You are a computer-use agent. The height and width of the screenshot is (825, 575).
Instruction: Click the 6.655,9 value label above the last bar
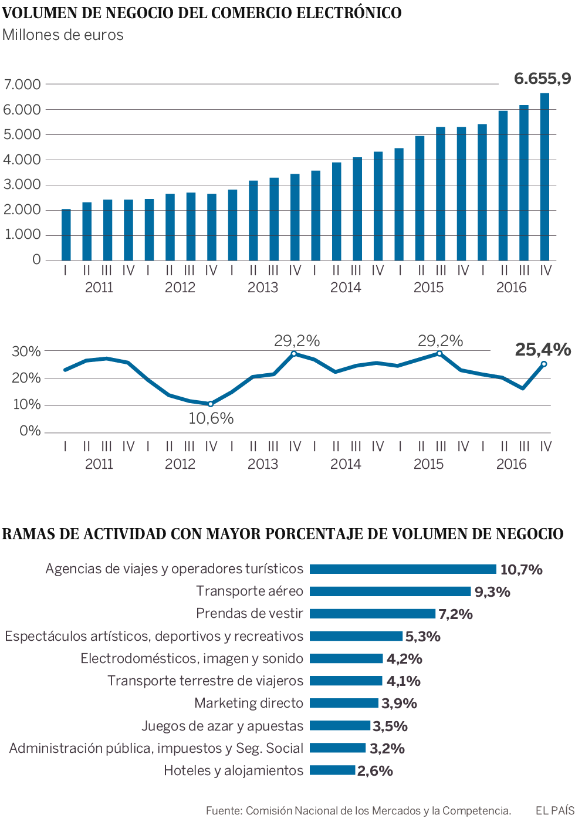[x=542, y=79]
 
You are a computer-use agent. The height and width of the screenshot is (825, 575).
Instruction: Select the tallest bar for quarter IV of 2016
[x=544, y=176]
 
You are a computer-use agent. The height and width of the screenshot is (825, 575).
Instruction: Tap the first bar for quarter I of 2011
[x=66, y=235]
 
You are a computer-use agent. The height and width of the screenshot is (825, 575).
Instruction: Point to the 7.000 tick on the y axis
[x=22, y=84]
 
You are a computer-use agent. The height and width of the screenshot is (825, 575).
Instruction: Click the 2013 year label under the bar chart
[x=262, y=288]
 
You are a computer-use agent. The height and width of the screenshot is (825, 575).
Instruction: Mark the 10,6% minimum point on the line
[x=211, y=404]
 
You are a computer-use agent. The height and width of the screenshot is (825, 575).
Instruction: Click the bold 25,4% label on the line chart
[x=543, y=350]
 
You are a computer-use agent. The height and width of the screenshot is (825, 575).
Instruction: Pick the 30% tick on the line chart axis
[x=26, y=351]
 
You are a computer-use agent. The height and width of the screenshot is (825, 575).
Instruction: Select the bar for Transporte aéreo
[x=390, y=591]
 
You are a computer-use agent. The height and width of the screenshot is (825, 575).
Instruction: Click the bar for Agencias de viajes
[x=403, y=569]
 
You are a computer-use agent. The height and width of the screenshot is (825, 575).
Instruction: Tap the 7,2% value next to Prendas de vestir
[x=455, y=614]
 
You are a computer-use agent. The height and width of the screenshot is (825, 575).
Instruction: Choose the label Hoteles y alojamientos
[x=234, y=770]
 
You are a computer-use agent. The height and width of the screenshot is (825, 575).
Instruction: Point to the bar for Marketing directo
[x=344, y=703]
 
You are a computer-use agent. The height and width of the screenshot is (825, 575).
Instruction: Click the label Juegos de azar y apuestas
[x=222, y=726]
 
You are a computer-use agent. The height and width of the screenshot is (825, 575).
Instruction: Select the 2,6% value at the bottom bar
[x=375, y=771]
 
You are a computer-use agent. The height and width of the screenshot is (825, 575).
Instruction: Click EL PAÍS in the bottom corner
[x=554, y=810]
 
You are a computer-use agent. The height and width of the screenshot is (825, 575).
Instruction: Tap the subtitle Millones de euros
[x=63, y=35]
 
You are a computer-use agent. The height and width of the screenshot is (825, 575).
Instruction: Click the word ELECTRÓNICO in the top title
[x=349, y=13]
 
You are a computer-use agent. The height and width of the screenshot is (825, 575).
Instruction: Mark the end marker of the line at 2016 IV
[x=544, y=364]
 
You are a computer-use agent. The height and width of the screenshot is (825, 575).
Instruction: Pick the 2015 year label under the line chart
[x=428, y=464]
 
